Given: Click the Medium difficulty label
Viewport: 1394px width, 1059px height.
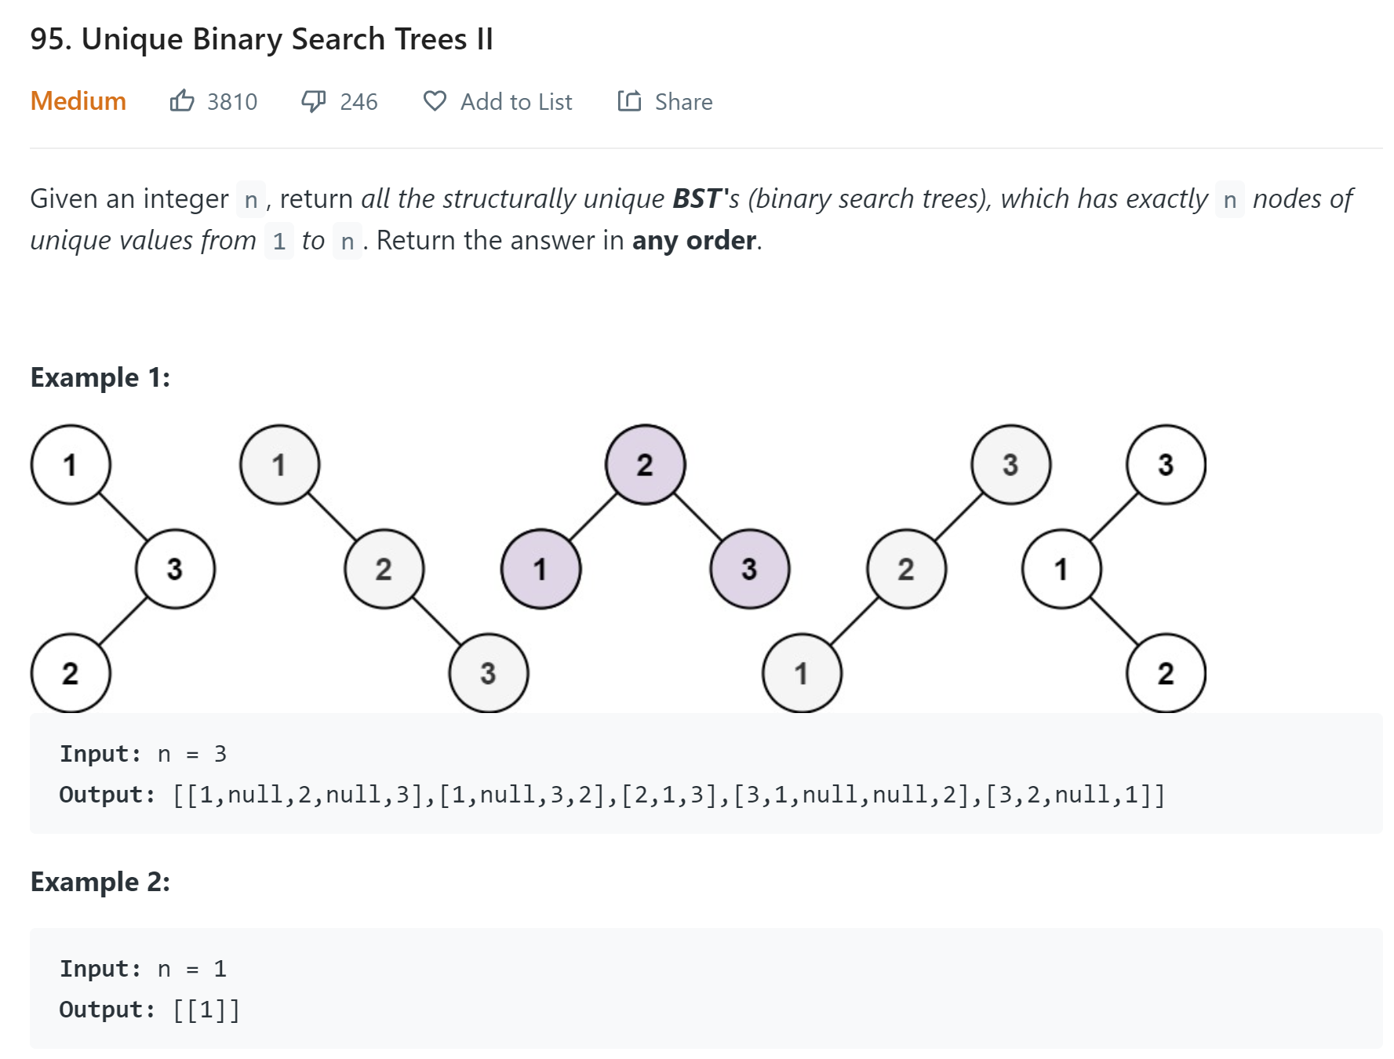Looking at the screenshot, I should [x=78, y=101].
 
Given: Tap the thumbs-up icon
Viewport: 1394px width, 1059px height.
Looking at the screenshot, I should [x=182, y=100].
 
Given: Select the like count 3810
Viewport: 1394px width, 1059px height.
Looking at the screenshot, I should [x=232, y=102].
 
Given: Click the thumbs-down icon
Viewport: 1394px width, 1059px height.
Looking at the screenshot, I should [x=314, y=101].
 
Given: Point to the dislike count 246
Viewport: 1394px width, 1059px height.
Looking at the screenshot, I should [x=359, y=102].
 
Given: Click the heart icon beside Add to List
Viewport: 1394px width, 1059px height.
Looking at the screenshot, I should [x=435, y=101].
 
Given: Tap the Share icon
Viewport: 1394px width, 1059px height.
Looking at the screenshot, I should [x=629, y=101].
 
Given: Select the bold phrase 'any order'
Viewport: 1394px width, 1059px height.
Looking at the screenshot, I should [x=694, y=241].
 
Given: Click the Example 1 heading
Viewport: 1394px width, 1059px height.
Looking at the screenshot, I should [x=100, y=377].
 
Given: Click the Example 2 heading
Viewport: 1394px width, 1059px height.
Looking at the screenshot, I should [x=100, y=882].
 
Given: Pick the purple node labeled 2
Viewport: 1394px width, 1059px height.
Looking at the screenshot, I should [x=645, y=464].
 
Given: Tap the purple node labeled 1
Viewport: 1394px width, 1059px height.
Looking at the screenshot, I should [x=540, y=569].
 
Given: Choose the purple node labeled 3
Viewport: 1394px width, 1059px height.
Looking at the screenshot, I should [x=749, y=569].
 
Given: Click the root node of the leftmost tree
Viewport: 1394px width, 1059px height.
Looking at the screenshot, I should [x=71, y=464].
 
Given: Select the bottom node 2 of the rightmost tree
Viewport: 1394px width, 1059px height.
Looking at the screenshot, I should [x=1166, y=673].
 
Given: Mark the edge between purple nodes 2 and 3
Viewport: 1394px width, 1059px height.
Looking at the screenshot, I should [x=697, y=517].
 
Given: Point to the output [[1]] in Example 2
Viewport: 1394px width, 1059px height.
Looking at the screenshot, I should [x=206, y=1010].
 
